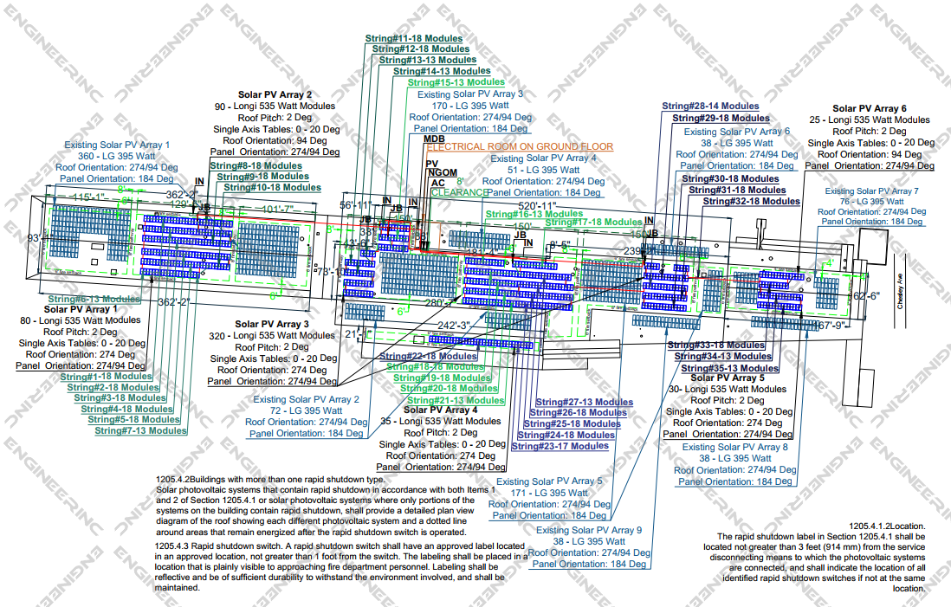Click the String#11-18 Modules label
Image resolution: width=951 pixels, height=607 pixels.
(414, 39)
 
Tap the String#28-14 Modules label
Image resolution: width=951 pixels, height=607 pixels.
(710, 107)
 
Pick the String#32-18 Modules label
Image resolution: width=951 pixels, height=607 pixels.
(751, 201)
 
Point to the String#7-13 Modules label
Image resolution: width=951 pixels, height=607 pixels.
(140, 430)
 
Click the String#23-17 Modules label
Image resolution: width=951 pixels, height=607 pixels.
(560, 446)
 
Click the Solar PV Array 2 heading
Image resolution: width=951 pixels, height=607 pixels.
(275, 94)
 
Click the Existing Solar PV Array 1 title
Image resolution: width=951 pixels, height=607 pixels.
(117, 145)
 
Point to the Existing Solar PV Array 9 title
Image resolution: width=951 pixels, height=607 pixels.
(589, 530)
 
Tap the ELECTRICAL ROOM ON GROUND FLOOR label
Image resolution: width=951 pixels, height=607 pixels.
(520, 147)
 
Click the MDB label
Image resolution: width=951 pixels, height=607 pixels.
(434, 139)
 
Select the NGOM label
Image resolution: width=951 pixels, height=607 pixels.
(443, 173)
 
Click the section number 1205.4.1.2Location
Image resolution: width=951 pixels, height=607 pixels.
(888, 526)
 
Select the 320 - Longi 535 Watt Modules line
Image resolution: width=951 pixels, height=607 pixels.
(273, 335)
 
